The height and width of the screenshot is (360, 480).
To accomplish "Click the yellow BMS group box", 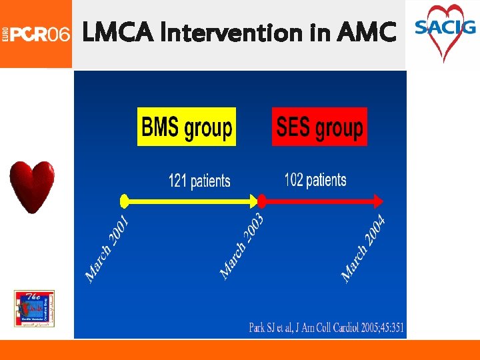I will point(187,127).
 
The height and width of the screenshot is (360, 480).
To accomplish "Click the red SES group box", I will point(319,127).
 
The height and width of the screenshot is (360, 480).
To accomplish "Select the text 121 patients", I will point(199,180).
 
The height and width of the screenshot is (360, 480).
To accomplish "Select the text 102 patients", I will point(315,180).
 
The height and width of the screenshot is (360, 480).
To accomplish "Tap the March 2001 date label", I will point(107,247).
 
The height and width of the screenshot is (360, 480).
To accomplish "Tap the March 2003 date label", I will point(242,245).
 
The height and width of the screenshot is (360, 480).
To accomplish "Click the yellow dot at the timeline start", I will point(123,200).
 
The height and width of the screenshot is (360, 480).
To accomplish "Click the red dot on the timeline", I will point(262,200).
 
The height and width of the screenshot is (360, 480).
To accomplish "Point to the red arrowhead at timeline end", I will point(379,200).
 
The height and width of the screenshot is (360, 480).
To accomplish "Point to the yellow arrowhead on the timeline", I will point(253,200).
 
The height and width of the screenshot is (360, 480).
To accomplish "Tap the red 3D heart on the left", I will point(31,187).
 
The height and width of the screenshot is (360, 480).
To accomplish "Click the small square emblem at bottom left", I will point(35,309).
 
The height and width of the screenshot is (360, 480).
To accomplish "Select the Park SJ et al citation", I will point(327,328).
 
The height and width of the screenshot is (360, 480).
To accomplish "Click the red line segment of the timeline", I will point(320,200).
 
